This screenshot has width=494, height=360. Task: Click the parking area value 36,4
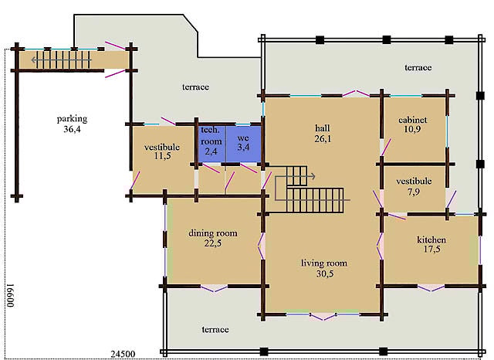pos(72,129)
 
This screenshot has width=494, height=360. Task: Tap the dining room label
pos(213,233)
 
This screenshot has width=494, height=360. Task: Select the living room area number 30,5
pos(325,274)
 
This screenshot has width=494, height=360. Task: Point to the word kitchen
pos(431,240)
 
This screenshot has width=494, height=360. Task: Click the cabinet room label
pos(413,120)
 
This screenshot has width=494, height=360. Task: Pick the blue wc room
pos(244,144)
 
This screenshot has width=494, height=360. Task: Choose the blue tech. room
pos(211,144)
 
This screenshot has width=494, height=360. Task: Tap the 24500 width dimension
pos(123,354)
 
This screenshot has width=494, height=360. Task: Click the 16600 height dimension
pos(11,295)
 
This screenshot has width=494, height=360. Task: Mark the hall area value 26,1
pos(323,139)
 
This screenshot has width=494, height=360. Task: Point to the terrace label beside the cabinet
pos(418,67)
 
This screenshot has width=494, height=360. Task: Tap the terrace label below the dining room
pos(215,330)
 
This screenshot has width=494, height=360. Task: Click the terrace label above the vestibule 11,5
pos(195,87)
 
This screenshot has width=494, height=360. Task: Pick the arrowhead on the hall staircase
pos(313,176)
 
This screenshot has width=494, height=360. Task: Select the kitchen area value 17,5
pos(432,250)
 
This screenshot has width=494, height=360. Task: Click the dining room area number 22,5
pos(213,243)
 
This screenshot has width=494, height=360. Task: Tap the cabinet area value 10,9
pos(412,129)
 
